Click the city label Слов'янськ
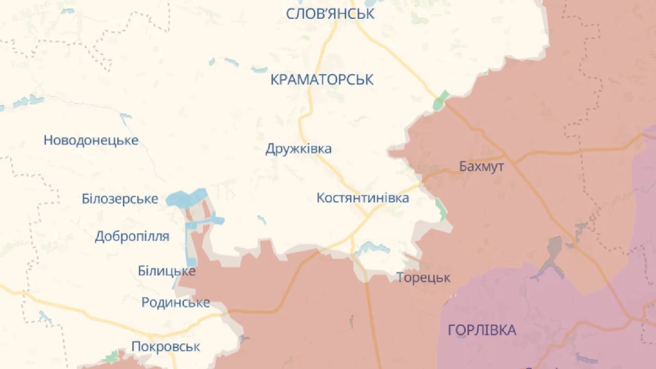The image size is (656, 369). tap(330, 14)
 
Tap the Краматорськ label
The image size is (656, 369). tap(322, 80)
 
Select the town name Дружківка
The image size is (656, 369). tap(298, 149)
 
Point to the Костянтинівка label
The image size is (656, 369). tap(363, 198)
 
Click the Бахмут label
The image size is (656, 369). tap(481, 166)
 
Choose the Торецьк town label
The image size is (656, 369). tap(423, 277)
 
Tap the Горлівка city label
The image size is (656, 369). tap(482, 330)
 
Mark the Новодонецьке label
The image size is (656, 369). tap(91, 140)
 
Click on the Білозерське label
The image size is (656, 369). tap(120, 199)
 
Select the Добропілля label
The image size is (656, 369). tap(132, 236)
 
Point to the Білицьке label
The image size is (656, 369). tap(166, 271)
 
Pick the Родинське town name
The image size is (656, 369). tap(176, 302)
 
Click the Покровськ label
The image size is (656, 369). tap(166, 347)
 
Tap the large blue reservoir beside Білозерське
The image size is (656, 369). tap(186, 197)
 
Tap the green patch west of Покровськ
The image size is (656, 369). tap(110, 357)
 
